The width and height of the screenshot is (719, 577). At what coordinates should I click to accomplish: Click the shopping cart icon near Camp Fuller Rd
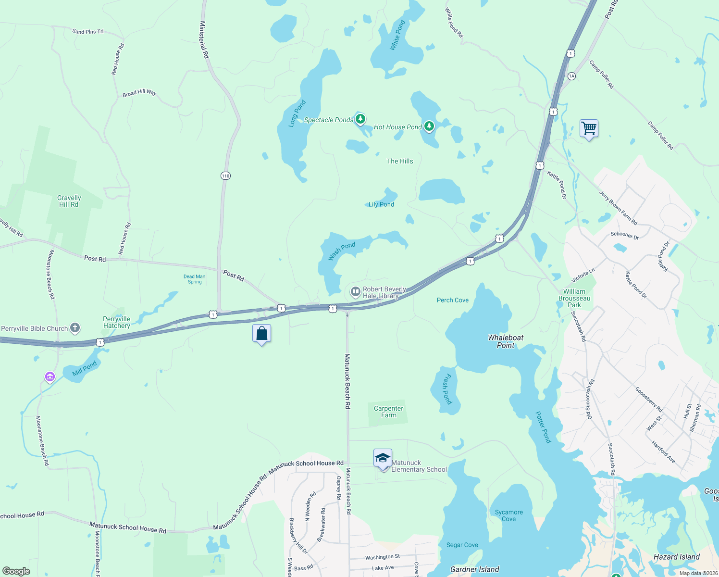(589, 128)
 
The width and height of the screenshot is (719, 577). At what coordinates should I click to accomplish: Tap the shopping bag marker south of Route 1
(261, 333)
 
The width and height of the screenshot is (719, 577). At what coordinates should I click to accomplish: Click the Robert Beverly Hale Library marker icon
(355, 292)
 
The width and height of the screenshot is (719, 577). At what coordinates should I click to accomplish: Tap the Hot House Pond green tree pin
(429, 126)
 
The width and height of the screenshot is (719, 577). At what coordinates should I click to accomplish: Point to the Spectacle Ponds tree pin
(360, 119)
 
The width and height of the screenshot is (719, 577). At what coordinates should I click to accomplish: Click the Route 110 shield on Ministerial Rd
(225, 176)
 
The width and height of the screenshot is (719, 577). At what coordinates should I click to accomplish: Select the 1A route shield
(571, 76)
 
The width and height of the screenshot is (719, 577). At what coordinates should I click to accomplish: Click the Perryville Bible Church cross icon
(75, 328)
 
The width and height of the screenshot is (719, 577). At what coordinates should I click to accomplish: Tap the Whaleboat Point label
(506, 341)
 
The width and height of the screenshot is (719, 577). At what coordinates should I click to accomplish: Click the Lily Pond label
(381, 204)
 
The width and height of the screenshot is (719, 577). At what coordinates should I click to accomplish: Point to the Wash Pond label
(342, 251)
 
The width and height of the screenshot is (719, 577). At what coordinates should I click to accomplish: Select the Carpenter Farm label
(388, 412)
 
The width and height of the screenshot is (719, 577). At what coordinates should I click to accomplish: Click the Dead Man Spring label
(194, 279)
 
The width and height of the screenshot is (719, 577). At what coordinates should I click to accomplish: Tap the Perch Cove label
(452, 300)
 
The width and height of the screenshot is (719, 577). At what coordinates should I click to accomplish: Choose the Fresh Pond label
(447, 389)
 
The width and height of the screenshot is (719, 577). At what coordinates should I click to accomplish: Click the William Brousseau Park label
(574, 298)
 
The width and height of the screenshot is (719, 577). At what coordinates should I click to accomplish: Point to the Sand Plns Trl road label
(88, 32)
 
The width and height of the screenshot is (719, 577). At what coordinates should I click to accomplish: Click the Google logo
(16, 571)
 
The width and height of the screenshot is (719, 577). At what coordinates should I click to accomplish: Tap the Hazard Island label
(676, 557)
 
